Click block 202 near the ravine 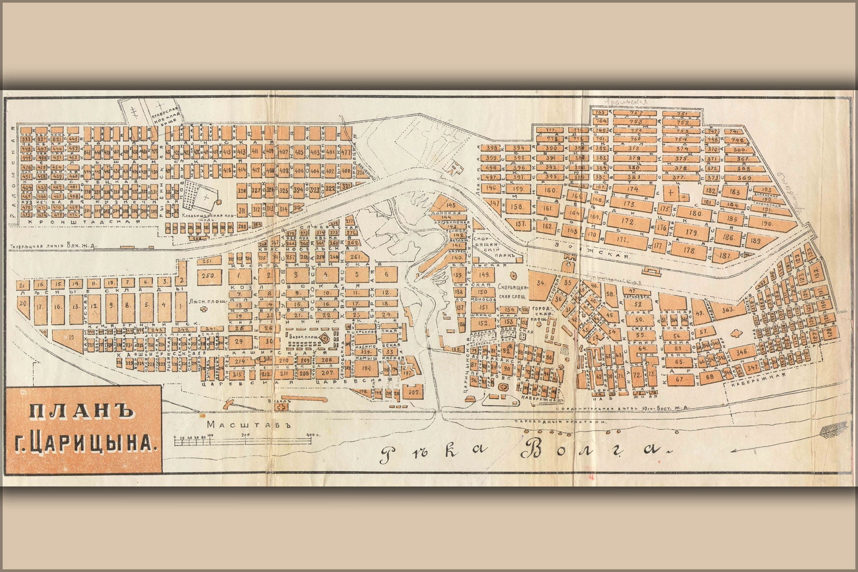click(x=414, y=391)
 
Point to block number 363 click(x=728, y=309)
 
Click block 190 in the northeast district click(x=767, y=223)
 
